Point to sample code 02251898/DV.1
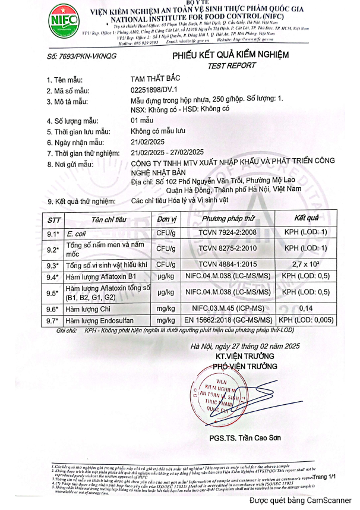(157, 90)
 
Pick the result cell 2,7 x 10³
(306, 264)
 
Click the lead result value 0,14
(306, 308)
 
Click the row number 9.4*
(53, 277)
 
